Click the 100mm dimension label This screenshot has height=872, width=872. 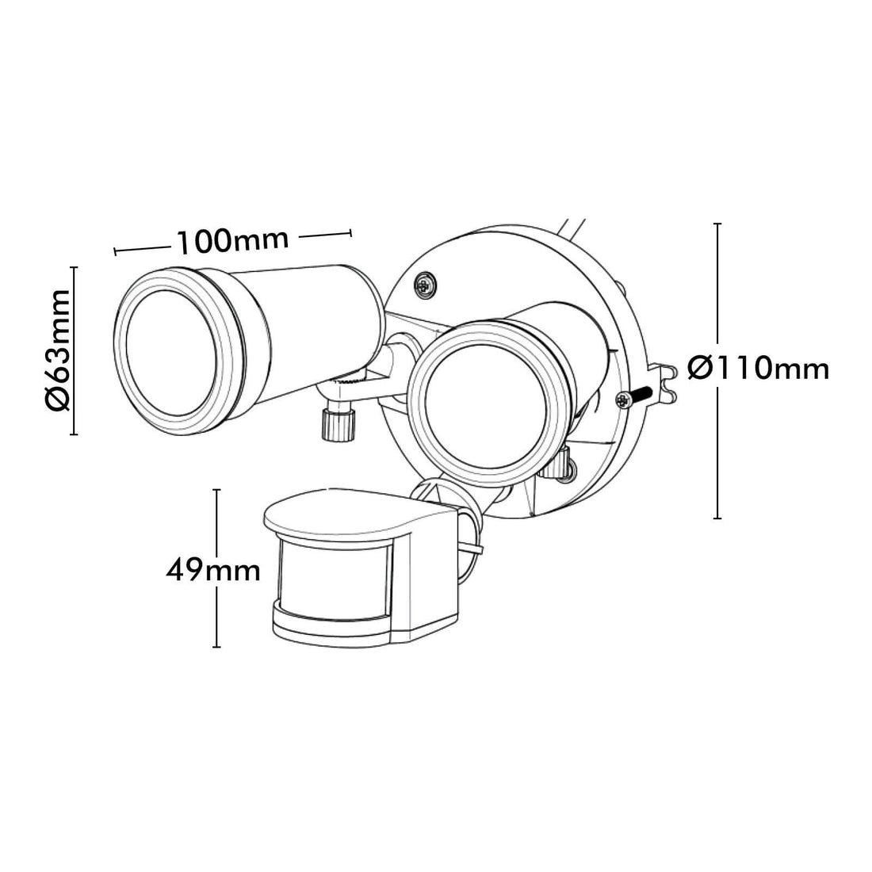coord(233,240)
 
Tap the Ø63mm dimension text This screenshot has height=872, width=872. coord(59,350)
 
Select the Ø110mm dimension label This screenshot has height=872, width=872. coord(759,368)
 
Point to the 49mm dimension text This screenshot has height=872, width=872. coord(213,569)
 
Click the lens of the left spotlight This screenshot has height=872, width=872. coord(170,352)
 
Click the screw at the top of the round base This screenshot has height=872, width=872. coord(426,285)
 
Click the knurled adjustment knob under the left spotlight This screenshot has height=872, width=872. coord(338,425)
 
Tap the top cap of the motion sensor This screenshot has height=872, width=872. coord(361,515)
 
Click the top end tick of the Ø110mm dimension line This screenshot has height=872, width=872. coord(718,224)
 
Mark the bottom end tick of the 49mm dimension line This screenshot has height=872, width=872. coord(217,647)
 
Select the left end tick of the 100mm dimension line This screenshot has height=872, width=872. coord(115,252)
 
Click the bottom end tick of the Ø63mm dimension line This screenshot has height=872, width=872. coord(73,434)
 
